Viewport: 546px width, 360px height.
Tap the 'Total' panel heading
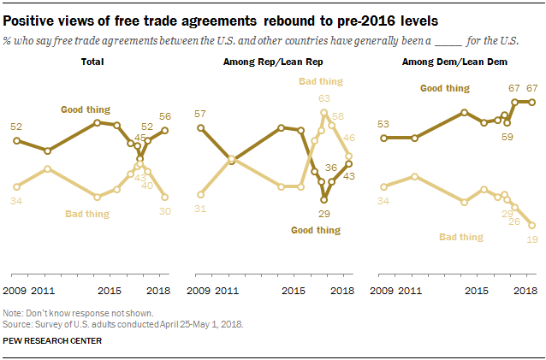tap(93, 62)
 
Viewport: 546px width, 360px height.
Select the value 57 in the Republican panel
tap(199, 114)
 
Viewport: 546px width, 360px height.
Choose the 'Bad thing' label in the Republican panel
tap(320, 81)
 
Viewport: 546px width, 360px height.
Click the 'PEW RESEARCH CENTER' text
tap(52, 340)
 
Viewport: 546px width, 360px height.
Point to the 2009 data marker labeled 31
tap(199, 195)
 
